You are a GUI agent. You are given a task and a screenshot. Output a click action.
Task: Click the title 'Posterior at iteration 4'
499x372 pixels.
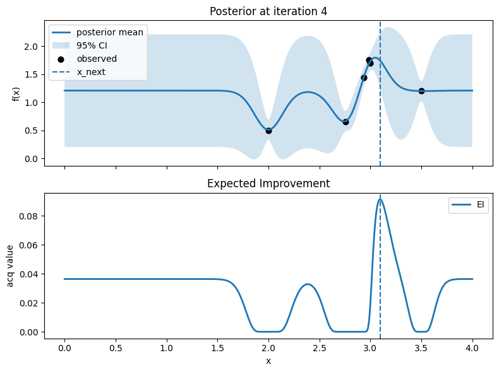[x=268, y=11]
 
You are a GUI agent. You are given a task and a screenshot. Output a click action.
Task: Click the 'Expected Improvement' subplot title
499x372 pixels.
[x=268, y=183]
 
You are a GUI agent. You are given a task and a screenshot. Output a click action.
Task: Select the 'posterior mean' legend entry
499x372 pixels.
[x=98, y=32]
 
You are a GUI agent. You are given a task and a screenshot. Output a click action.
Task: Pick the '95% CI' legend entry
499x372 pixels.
[x=80, y=46]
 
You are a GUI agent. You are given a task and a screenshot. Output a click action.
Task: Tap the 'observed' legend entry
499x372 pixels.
[x=85, y=59]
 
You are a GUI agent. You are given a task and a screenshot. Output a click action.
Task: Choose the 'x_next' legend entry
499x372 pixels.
[x=78, y=72]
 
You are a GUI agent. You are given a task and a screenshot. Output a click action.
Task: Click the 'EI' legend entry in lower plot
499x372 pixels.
[x=468, y=204]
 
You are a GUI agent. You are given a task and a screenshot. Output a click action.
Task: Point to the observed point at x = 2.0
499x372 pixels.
[x=268, y=131]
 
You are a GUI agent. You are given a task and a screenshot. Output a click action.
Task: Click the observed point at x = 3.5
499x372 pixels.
[x=421, y=91]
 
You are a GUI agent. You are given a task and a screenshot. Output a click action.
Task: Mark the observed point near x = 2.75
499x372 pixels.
[x=346, y=122]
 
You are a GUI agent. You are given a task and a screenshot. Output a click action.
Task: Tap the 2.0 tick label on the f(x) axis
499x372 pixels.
[x=31, y=47]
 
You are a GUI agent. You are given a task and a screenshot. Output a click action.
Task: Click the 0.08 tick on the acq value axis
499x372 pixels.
[x=28, y=216]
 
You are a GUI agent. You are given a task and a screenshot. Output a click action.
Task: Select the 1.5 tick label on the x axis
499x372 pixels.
[x=218, y=348]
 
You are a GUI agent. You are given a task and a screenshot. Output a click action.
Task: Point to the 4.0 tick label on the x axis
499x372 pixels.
[x=472, y=348]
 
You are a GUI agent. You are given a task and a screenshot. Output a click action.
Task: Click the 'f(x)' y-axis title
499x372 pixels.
[x=16, y=94]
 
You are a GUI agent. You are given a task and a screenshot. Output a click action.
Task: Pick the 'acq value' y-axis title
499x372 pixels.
[x=10, y=266]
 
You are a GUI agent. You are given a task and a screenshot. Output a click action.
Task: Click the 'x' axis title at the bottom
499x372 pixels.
[x=268, y=361]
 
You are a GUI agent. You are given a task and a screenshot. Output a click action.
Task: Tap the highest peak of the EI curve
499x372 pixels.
[x=380, y=199]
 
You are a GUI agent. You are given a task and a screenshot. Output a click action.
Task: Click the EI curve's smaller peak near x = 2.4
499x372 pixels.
[x=308, y=284]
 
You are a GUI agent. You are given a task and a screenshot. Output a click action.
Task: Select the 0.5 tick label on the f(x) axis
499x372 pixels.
[x=31, y=131]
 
